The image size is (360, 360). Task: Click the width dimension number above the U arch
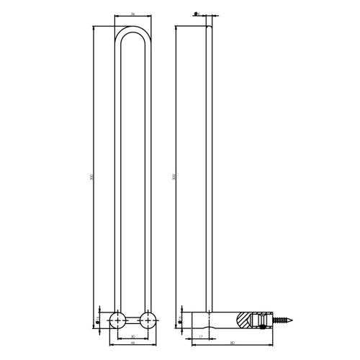(x=133, y=14)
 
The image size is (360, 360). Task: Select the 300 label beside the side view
(x=174, y=176)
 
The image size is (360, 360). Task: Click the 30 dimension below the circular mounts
(x=133, y=337)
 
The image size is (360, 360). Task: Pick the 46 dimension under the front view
(x=133, y=345)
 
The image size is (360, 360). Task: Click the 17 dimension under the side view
(x=202, y=337)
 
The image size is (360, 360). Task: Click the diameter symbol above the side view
(x=197, y=14)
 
